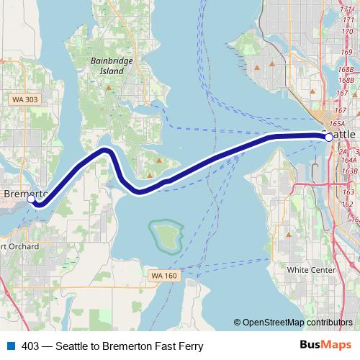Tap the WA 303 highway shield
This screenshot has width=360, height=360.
click(24, 97)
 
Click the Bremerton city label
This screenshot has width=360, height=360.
click(24, 194)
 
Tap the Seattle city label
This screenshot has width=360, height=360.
click(345, 135)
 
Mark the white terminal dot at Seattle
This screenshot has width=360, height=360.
click(329, 136)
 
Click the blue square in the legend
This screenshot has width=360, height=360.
click(10, 346)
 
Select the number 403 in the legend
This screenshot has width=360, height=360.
click(31, 346)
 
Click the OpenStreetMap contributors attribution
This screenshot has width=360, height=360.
click(297, 323)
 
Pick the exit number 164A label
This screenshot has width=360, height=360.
click(349, 163)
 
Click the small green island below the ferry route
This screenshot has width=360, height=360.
click(165, 233)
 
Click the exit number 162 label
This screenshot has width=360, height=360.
click(347, 204)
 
